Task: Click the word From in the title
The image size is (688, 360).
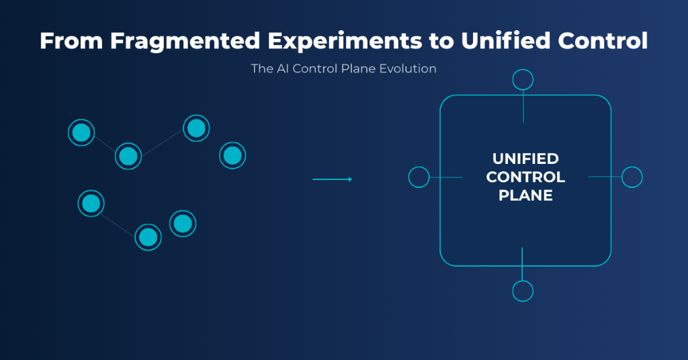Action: [x=71, y=40]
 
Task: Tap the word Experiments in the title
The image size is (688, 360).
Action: [x=345, y=42]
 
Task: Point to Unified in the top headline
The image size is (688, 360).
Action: [x=505, y=40]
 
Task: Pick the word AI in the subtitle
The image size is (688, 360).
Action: [x=283, y=69]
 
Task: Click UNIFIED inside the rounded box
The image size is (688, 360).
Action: [x=525, y=159]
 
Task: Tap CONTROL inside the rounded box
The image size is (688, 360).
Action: [x=525, y=177]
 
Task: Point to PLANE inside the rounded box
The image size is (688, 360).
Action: [x=525, y=195]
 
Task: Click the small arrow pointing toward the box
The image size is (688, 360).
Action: [x=332, y=179]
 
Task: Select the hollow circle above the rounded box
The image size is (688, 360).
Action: [x=523, y=80]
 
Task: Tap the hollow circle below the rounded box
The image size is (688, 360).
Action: [x=523, y=291]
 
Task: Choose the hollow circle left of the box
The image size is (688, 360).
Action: [x=419, y=177]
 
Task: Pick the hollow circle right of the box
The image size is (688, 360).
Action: [x=632, y=177]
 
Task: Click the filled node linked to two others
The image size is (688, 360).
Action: [x=128, y=156]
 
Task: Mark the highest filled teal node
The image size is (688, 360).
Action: [x=196, y=128]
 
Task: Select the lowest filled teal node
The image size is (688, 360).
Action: [x=148, y=237]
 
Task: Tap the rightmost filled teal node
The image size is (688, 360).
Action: [x=232, y=155]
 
